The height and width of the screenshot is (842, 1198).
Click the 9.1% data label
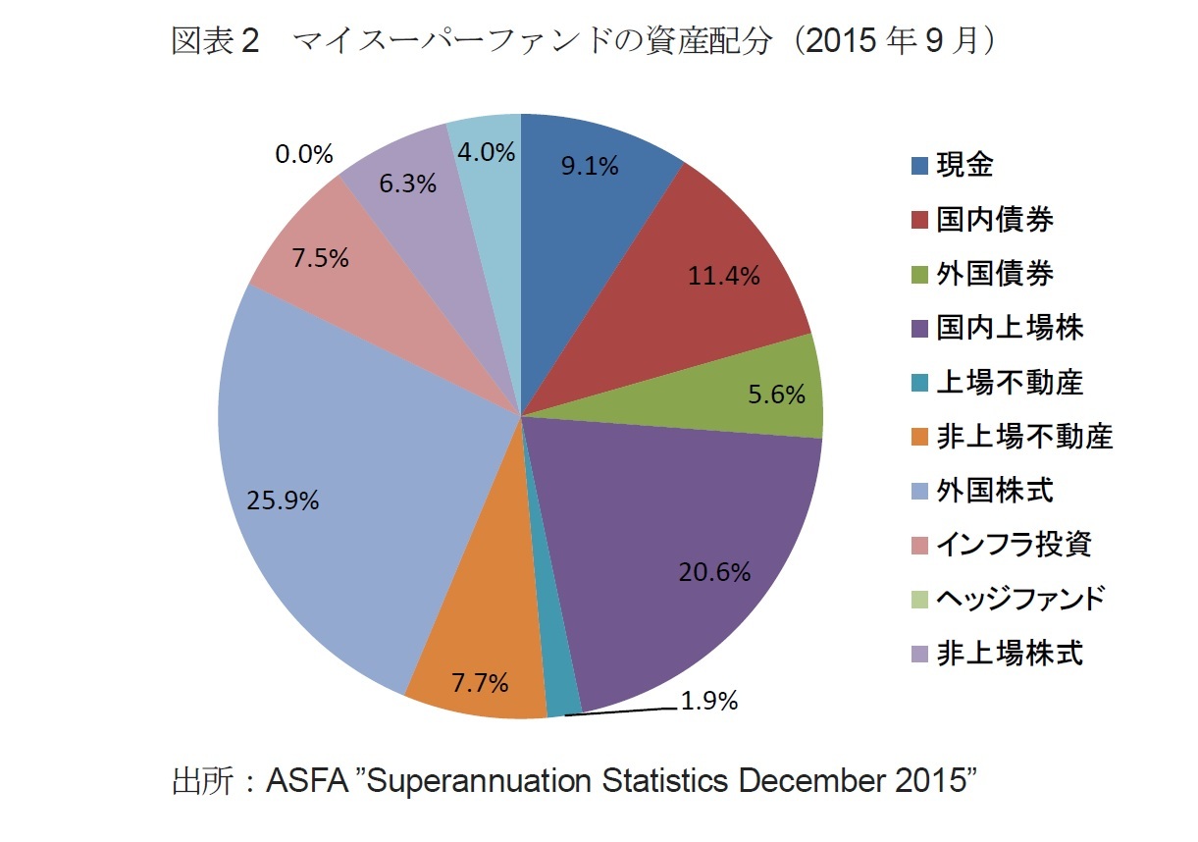tap(589, 167)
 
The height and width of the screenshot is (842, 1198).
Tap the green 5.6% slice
tap(775, 393)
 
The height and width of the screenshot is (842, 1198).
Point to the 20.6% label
tap(714, 572)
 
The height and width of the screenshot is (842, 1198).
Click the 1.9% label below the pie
tap(708, 702)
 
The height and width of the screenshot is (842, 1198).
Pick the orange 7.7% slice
tap(479, 667)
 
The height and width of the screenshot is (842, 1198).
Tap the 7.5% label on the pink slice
tap(320, 257)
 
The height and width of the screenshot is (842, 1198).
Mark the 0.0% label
tap(304, 154)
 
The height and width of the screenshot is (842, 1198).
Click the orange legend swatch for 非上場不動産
tap(919, 437)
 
